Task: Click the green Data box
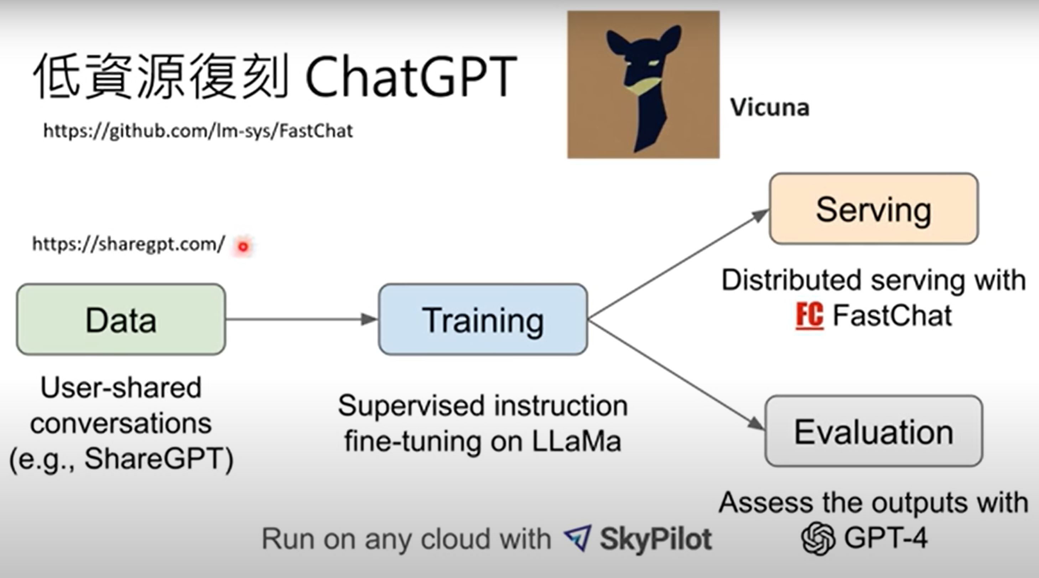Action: pyautogui.click(x=121, y=319)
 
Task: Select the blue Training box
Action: pyautogui.click(x=483, y=319)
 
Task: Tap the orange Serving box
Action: pyautogui.click(x=874, y=209)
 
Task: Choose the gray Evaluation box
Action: pyautogui.click(x=874, y=431)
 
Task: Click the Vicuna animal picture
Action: pyautogui.click(x=643, y=85)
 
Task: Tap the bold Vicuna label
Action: pyautogui.click(x=770, y=108)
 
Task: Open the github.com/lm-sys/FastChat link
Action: pyautogui.click(x=198, y=131)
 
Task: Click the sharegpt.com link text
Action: pyautogui.click(x=128, y=244)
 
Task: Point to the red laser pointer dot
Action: pyautogui.click(x=243, y=246)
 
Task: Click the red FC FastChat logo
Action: pyautogui.click(x=809, y=316)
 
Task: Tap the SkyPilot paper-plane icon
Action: pyautogui.click(x=578, y=538)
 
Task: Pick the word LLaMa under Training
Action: pyautogui.click(x=576, y=441)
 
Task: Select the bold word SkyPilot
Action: pyautogui.click(x=656, y=539)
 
